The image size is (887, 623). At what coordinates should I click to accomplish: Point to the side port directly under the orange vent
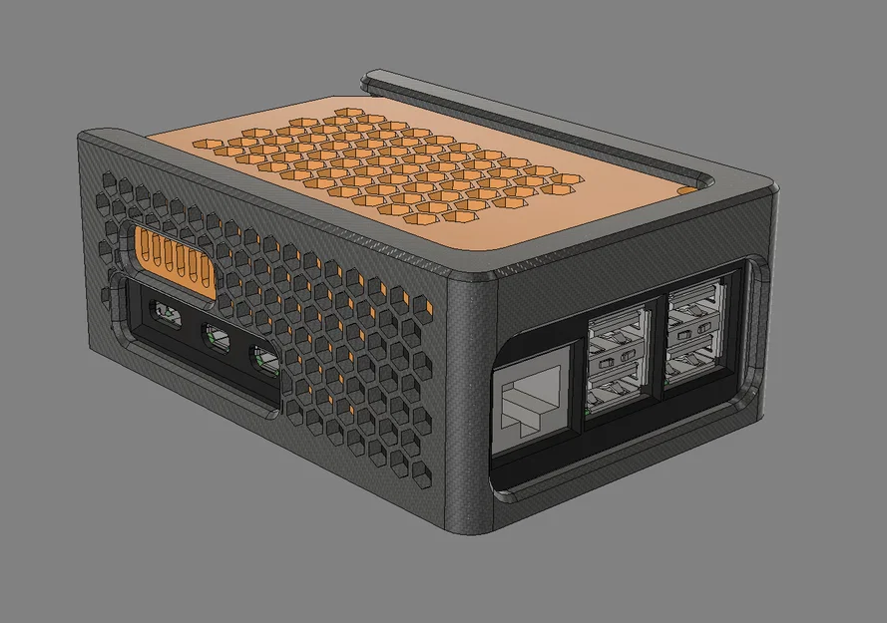(x=166, y=316)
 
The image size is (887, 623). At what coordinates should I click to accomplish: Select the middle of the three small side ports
(x=218, y=339)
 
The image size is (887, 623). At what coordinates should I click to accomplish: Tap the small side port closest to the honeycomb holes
(x=264, y=359)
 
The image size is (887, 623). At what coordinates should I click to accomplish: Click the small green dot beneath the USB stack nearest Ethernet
(x=591, y=410)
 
